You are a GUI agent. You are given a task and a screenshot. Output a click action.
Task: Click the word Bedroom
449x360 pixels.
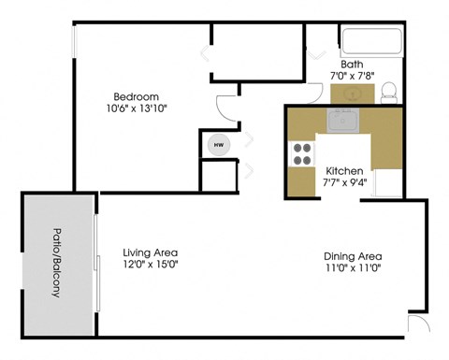(x=136, y=96)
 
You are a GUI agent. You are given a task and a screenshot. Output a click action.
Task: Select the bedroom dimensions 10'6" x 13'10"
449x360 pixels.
(x=136, y=109)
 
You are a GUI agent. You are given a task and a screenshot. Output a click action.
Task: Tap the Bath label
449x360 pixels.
(x=352, y=64)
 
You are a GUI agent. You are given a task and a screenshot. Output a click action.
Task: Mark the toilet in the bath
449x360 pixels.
(x=389, y=92)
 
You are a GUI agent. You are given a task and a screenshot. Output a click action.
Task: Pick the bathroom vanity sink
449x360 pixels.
(x=352, y=94)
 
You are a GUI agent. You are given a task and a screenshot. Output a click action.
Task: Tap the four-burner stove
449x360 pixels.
(x=303, y=153)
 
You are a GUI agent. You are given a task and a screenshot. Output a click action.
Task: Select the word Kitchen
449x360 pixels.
(x=343, y=171)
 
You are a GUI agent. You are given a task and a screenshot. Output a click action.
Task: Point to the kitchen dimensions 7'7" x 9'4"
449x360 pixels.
(x=343, y=183)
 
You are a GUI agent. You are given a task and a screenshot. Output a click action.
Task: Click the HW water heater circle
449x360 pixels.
(x=219, y=145)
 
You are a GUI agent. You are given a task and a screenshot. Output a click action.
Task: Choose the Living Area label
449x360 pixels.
(x=151, y=252)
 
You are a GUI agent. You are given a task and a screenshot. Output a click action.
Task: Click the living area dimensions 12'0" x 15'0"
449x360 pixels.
(x=151, y=265)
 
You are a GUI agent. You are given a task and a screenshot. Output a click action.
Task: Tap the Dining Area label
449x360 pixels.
(x=353, y=256)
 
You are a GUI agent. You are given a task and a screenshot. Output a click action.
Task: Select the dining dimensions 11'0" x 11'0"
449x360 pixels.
(x=353, y=268)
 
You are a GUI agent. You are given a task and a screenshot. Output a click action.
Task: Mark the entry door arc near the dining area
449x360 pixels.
(x=417, y=326)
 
